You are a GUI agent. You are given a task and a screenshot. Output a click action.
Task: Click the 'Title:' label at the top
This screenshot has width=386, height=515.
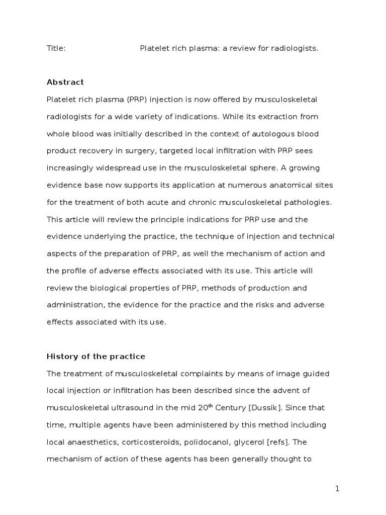click(x=56, y=48)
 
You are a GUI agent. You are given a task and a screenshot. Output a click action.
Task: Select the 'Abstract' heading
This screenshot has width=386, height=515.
click(x=65, y=82)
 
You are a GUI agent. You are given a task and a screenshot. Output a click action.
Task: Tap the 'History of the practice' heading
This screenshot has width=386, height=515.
click(x=96, y=357)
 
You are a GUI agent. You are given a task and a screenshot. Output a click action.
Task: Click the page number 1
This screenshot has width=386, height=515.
click(x=337, y=488)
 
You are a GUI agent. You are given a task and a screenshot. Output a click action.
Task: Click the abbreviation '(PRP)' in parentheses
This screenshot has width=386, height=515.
click(x=132, y=100)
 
